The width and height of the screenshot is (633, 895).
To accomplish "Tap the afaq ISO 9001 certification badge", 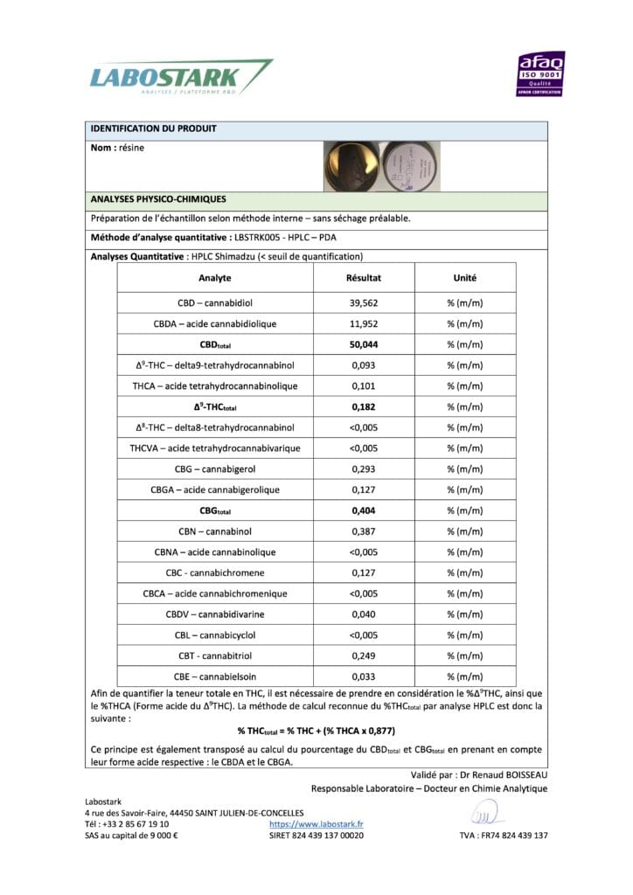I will [x=542, y=73].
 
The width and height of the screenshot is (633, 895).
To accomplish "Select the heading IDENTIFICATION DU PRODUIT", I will [x=154, y=129].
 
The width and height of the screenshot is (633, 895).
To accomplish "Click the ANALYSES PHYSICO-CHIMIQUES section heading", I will [x=158, y=199].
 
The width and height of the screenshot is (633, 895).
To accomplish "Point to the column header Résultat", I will [x=364, y=278].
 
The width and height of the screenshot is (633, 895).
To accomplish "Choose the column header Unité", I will [x=464, y=278].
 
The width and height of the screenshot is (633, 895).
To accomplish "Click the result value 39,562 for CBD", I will [x=365, y=302].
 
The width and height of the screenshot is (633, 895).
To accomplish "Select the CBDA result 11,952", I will [x=365, y=323].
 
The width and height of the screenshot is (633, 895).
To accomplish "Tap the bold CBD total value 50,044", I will [x=365, y=344].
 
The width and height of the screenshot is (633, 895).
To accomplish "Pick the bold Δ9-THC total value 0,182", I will [x=364, y=406].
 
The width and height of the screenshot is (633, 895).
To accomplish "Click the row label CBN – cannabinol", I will [x=214, y=531].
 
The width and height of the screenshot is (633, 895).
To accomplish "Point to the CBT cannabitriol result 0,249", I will [x=364, y=656].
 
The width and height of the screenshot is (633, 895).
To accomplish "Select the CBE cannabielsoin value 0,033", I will [x=364, y=676].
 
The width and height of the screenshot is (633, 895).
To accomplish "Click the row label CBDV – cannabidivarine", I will [x=214, y=614].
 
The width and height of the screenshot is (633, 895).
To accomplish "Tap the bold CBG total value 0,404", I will [x=364, y=510].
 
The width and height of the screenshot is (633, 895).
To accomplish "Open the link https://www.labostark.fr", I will [x=316, y=823].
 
